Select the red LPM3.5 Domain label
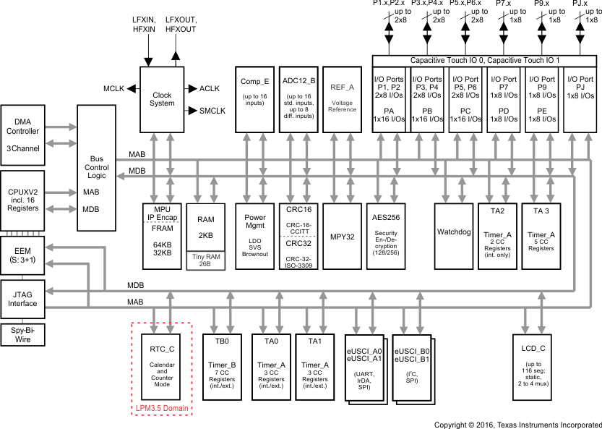coord(161,409)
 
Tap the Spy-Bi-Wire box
coord(23,334)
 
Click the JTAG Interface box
coord(23,300)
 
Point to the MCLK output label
coord(114,88)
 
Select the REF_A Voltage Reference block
coord(341,98)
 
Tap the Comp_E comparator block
coord(255,98)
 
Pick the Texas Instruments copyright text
coord(517,423)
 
